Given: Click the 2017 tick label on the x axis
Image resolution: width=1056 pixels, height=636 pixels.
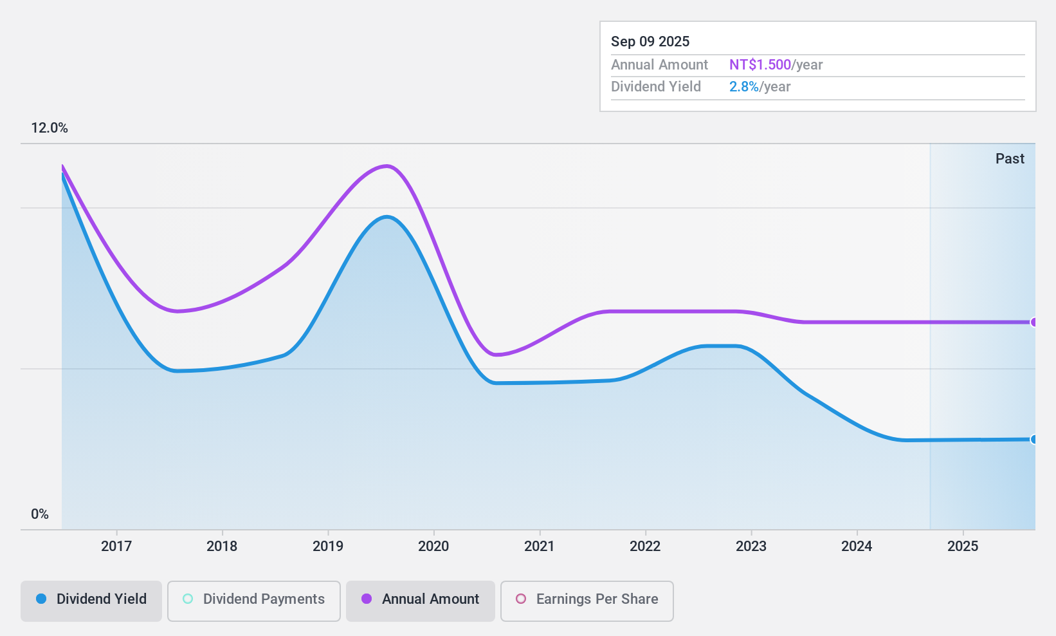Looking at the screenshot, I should tap(116, 546).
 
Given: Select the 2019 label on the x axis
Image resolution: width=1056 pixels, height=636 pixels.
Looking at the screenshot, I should tap(328, 546).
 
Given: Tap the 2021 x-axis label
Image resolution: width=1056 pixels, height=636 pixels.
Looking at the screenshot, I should tap(540, 546).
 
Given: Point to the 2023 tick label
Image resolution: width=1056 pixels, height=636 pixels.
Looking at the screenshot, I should tap(751, 546).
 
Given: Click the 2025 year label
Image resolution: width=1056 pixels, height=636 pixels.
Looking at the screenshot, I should tap(963, 546).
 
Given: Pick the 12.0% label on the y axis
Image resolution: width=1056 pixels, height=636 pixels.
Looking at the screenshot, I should tap(50, 127).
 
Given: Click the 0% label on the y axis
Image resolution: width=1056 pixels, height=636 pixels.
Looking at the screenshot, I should tap(40, 514).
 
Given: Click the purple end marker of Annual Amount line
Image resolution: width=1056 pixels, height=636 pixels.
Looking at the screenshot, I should tap(1033, 323).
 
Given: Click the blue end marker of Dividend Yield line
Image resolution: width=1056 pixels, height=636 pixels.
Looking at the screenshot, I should tap(1033, 440).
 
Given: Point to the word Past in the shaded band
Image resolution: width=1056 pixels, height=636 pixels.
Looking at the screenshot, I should tap(1010, 158).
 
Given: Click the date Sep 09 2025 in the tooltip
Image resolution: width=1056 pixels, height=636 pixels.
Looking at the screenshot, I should tap(650, 41).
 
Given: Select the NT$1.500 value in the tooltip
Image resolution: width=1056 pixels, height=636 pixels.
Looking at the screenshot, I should tap(760, 64).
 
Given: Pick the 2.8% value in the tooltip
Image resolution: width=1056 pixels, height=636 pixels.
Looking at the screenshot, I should tap(744, 86).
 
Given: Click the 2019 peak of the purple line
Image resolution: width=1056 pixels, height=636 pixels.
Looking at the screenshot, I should tap(386, 166).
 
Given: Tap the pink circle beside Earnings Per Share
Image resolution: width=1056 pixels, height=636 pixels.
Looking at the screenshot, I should tap(521, 599).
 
